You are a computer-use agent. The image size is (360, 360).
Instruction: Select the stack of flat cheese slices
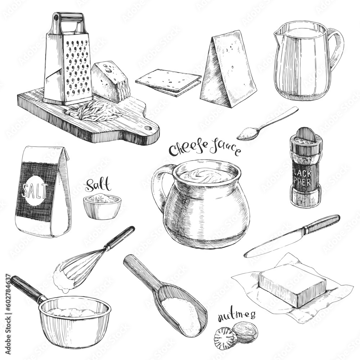pyautogui.click(x=168, y=82)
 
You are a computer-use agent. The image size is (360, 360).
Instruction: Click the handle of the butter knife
pyautogui.click(x=322, y=224)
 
